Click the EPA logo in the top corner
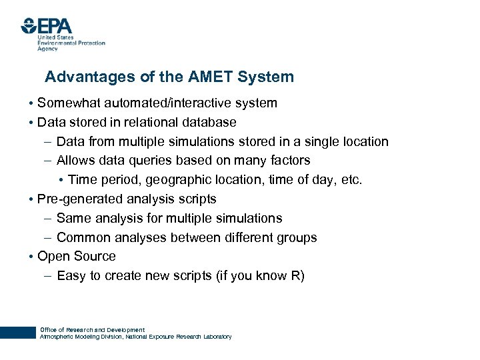pos(47,27)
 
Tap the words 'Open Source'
pos(77,257)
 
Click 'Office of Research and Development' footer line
pos(92,330)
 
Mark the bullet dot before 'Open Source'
pos(31,257)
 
